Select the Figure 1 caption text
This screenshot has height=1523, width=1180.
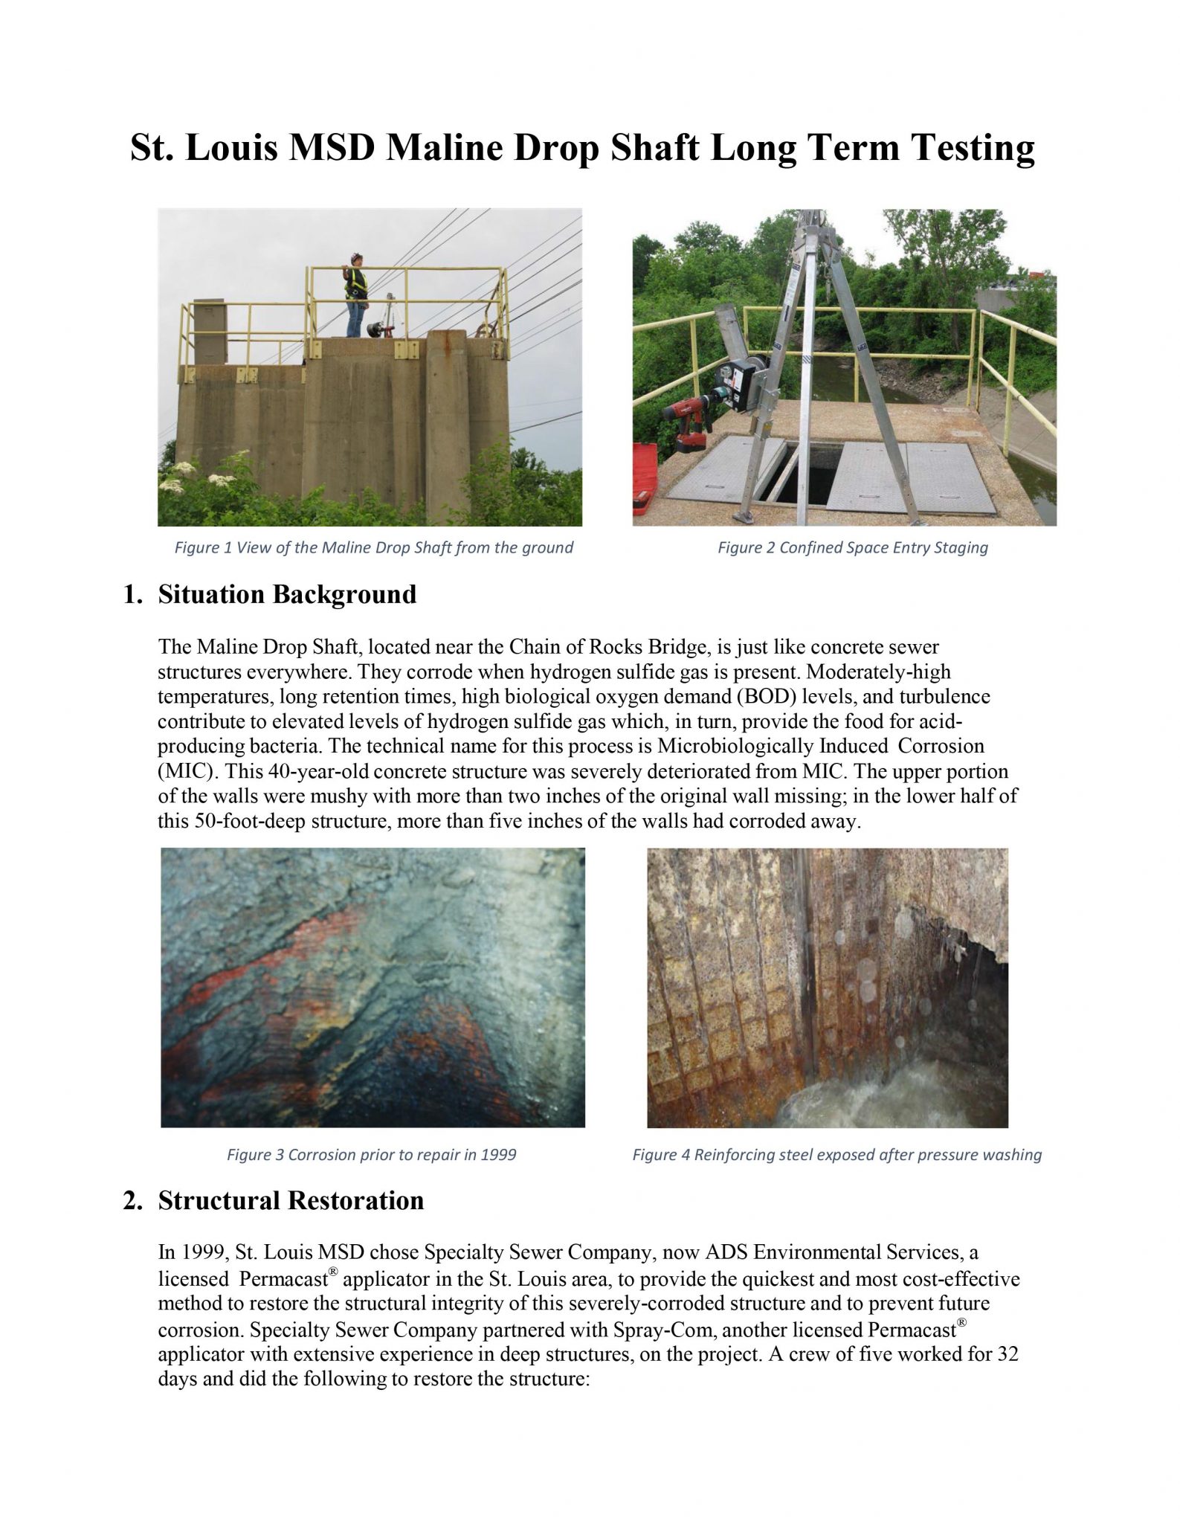coord(373,548)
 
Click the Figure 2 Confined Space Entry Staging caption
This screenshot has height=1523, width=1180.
coord(852,548)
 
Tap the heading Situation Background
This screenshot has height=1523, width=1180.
coord(287,595)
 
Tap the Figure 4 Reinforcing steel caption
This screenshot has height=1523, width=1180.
coord(836,1155)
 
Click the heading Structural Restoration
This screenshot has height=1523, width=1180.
coord(291,1201)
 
